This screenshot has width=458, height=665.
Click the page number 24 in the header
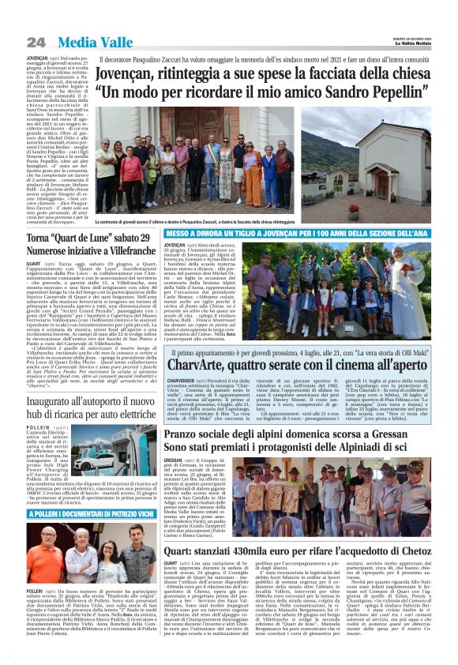[x=36, y=42]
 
